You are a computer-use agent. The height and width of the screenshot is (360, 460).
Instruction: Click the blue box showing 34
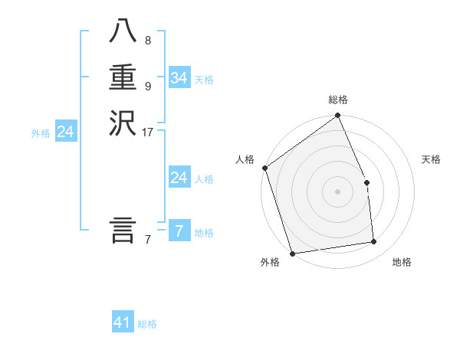[179, 78]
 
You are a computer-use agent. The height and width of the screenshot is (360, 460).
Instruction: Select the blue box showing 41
[123, 322]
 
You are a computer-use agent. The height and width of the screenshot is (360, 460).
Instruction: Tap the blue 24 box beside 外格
[66, 132]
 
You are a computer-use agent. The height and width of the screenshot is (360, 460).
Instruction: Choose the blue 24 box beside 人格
[179, 178]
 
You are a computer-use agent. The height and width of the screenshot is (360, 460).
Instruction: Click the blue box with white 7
[179, 231]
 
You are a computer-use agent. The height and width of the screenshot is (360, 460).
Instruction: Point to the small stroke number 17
[148, 133]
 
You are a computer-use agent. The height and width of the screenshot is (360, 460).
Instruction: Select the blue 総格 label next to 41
[147, 324]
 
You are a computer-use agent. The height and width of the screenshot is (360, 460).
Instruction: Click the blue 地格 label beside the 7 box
[204, 232]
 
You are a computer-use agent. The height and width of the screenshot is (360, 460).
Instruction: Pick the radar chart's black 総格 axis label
[338, 100]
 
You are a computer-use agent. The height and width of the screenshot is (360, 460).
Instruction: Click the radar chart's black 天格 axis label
[431, 159]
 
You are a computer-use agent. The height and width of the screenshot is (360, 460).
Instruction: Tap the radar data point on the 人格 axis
[264, 168]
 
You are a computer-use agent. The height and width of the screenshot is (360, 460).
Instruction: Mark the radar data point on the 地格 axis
[374, 242]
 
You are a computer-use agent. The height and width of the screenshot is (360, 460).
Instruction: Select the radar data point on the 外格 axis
[292, 254]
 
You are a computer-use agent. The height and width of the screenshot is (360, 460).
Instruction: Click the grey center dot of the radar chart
[337, 191]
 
